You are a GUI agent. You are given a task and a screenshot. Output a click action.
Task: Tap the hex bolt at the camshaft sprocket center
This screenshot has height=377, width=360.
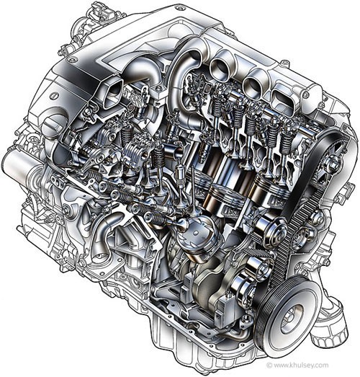(x=333, y=165)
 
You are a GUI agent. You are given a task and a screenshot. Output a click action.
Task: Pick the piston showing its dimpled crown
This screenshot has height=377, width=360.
(x=197, y=238)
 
